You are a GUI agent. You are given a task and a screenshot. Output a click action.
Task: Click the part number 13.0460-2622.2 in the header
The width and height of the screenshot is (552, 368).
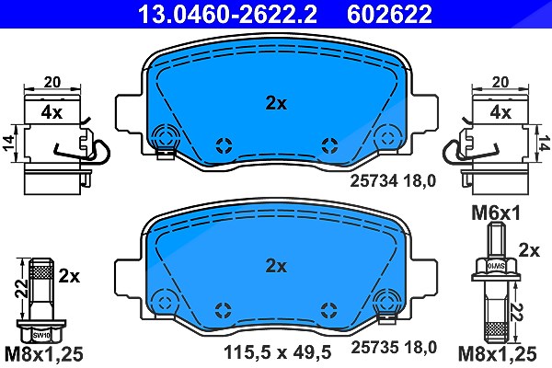click(x=228, y=14)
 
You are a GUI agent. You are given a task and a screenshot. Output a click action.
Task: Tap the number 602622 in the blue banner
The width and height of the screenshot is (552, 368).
click(x=389, y=14)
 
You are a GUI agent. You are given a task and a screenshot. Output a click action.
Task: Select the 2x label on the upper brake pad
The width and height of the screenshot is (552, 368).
click(x=276, y=103)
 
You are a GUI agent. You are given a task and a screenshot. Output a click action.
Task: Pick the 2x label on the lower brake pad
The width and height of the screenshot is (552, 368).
click(x=276, y=266)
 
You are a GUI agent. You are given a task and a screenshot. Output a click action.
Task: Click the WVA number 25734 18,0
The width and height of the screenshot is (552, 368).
click(x=393, y=181)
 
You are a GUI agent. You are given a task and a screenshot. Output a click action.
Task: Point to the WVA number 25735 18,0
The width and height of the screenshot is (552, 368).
click(x=394, y=347)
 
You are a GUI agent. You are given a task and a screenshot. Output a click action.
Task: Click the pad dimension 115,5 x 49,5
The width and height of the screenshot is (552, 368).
click(x=278, y=351)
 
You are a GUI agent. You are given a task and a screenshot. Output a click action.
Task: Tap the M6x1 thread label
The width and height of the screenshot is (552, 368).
click(x=496, y=213)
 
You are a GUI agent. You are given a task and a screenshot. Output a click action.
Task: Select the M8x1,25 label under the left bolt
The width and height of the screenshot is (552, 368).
click(x=43, y=354)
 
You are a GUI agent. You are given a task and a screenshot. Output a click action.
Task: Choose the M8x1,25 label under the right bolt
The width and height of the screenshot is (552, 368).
click(x=497, y=354)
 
